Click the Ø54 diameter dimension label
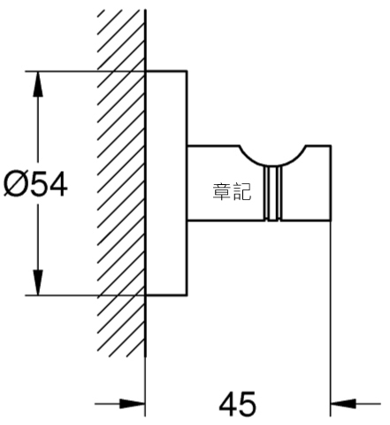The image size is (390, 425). coord(35,185)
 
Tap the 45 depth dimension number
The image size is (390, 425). coord(238,404)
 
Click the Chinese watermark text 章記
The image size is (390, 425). coord(232,192)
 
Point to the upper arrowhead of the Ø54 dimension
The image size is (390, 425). coord(38,84)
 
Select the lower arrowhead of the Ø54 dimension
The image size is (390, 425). coord(38,282)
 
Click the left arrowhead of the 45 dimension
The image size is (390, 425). coord(133,404)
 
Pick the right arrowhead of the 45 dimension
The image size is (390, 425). coord(343,404)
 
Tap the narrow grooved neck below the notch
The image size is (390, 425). coord(273,193)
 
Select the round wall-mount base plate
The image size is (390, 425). coord(166,183)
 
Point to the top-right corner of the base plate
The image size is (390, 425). coord(187,71)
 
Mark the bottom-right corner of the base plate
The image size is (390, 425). coord(187,295)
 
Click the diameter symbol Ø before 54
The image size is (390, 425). coord(14,185)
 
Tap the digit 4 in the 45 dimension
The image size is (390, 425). coord(228,404)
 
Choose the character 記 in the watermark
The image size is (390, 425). coord(242,192)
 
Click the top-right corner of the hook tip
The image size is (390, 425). coord(331,146)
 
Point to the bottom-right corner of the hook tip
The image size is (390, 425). coord(331,220)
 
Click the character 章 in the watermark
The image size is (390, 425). coord(222,192)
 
